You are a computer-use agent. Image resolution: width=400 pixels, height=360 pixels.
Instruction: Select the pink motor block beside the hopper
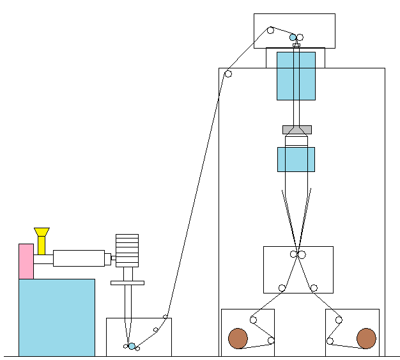click(26, 261)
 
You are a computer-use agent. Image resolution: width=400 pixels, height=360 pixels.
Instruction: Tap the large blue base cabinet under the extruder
click(56, 317)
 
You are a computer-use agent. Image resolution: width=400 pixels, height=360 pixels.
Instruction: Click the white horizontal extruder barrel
click(78, 258)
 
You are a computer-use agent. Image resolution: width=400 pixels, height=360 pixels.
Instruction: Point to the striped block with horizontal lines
click(127, 250)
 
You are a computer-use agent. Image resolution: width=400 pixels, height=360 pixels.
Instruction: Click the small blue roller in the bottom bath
click(132, 346)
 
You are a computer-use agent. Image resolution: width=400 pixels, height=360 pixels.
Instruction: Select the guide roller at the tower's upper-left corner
click(228, 74)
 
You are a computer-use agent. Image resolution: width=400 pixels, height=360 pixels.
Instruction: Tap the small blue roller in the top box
click(293, 37)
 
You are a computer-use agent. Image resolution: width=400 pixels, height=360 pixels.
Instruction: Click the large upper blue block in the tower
click(296, 76)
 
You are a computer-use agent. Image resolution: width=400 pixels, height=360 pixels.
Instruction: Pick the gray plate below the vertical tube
click(296, 130)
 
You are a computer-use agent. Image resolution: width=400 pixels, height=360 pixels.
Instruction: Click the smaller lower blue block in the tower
click(296, 159)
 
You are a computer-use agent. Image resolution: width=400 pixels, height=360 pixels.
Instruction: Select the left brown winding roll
click(238, 338)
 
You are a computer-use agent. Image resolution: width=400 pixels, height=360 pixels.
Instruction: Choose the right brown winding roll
click(366, 338)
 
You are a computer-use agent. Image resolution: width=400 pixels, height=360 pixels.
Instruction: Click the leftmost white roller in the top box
click(270, 30)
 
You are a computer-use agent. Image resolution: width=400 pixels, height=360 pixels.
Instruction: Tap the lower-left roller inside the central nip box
click(282, 288)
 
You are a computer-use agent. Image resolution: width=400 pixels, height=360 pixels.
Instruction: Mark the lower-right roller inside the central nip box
click(314, 288)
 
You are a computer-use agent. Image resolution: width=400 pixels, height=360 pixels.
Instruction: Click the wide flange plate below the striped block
click(127, 283)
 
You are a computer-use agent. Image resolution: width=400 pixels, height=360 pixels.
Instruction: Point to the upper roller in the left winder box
click(253, 320)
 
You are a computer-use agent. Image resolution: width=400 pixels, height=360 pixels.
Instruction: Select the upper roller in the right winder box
click(339, 320)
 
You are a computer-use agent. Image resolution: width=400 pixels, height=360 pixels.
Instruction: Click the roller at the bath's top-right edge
click(165, 317)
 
